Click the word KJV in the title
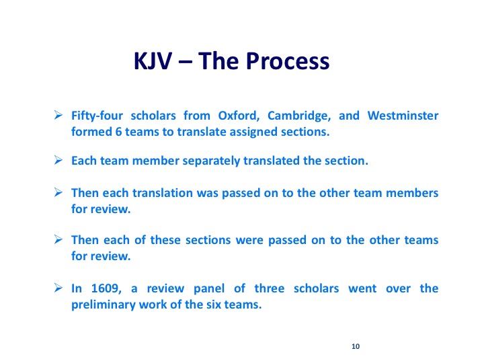153,61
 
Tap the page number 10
356,346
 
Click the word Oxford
239,116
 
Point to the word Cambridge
299,116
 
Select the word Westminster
403,116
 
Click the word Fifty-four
97,116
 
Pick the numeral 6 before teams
118,132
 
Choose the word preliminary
104,305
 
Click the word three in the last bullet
269,288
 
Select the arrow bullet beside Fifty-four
58,115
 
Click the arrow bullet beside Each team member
58,160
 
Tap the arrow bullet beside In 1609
58,288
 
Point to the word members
412,193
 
